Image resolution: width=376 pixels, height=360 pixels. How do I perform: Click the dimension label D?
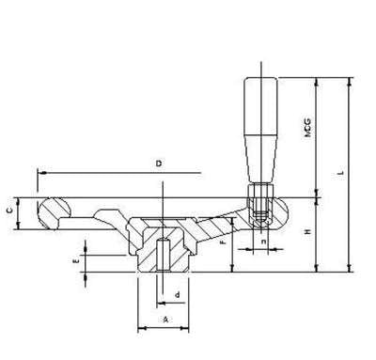point(159,164)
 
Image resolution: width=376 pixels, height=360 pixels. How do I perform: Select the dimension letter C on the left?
point(9,212)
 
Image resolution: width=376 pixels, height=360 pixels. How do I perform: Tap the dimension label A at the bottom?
point(165,320)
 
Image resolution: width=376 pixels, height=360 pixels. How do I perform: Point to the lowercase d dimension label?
point(177,294)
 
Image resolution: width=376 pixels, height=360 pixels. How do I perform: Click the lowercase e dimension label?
point(75,262)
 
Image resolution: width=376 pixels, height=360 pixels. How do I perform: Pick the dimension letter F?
point(222,243)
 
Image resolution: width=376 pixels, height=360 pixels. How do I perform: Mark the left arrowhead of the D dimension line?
point(41,173)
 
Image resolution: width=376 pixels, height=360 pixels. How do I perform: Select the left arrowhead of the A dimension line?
point(142,329)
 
